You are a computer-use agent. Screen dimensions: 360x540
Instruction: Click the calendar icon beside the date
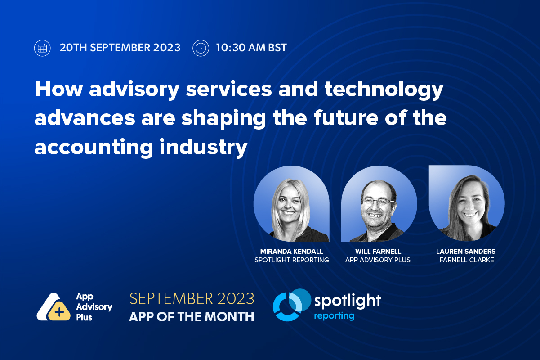(x=42, y=48)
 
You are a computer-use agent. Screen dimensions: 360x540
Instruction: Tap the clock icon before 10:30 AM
(x=201, y=48)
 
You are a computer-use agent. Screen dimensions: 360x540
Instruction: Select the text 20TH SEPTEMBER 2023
(x=120, y=48)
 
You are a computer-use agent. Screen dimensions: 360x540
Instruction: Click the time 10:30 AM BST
(x=251, y=48)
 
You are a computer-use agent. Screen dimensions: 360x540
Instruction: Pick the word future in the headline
(x=354, y=119)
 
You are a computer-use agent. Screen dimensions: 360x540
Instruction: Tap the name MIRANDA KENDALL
(x=291, y=251)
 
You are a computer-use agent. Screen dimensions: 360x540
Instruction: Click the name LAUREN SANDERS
(x=467, y=251)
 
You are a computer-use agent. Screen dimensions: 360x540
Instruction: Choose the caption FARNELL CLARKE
(x=467, y=260)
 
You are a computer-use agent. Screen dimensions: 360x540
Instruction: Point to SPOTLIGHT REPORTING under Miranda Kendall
(x=291, y=260)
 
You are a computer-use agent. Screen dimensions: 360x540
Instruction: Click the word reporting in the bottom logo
(x=334, y=316)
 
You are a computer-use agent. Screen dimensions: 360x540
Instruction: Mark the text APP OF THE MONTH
(x=192, y=317)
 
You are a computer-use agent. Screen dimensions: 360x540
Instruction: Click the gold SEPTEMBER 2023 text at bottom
(x=192, y=298)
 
